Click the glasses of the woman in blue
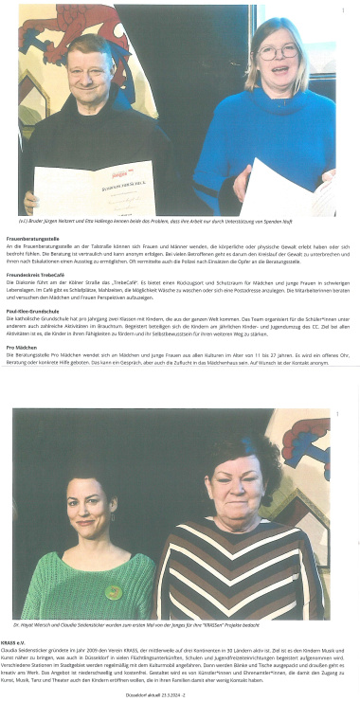click(278, 47)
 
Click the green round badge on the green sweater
click(114, 592)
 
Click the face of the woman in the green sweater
click(88, 513)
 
